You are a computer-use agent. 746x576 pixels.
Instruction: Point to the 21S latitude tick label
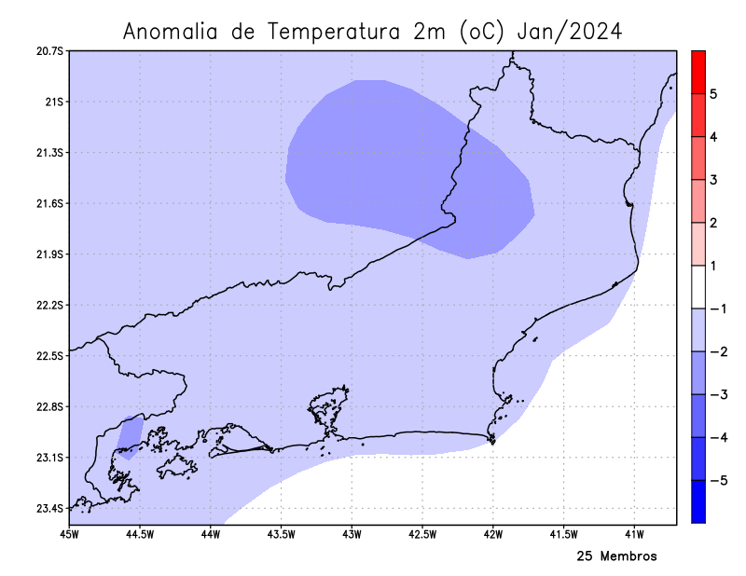pos(53,102)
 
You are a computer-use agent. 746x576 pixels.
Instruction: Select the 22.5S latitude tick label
pos(48,356)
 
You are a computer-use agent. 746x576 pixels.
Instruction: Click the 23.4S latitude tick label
pos(48,509)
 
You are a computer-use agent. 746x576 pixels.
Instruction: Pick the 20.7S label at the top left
pos(48,50)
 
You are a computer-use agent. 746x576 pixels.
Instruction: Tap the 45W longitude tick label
pos(69,535)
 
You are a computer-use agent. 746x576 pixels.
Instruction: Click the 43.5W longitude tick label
pos(281,535)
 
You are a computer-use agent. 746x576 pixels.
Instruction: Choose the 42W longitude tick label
pos(493,535)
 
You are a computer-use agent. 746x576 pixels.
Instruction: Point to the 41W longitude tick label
pos(635,535)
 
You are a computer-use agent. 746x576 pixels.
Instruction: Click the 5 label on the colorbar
pos(712,94)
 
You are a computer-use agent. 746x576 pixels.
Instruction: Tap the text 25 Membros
pos(616,556)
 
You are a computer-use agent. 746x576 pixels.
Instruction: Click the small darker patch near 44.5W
pos(130,436)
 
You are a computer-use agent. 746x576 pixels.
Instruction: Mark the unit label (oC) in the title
pos(482,32)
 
